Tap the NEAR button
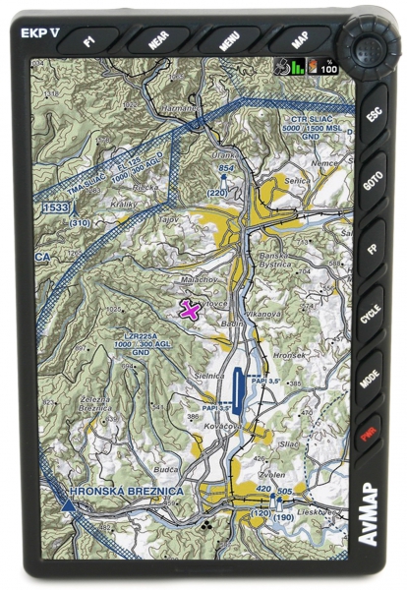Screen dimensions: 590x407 pos(157,43)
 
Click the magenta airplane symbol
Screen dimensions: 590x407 pos(191,310)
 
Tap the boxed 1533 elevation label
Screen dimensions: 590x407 pos(55,208)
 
